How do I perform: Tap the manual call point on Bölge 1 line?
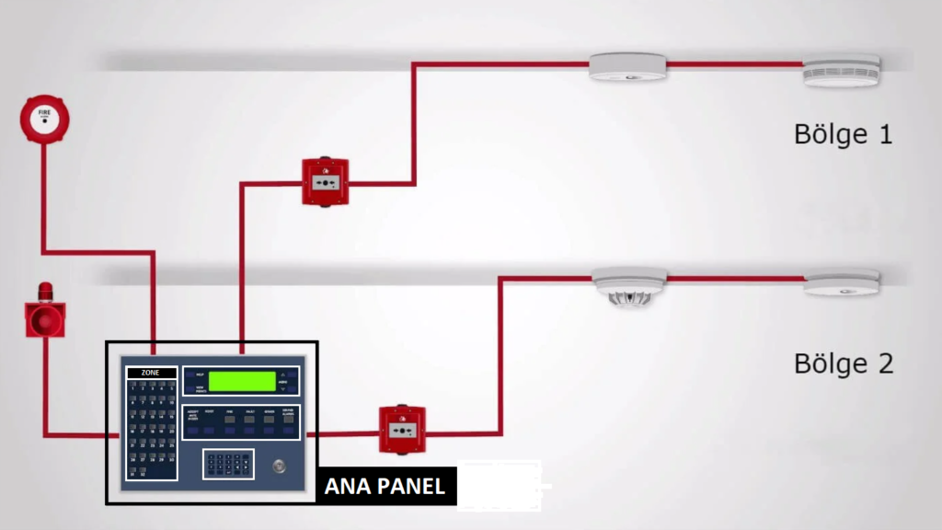[326, 181]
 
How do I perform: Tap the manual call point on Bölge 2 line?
[403, 429]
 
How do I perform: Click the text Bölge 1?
[843, 134]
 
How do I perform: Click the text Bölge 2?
[843, 363]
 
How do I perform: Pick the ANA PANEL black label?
[385, 486]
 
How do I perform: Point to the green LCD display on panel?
[242, 381]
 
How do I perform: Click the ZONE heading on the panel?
[150, 374]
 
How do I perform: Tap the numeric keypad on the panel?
[229, 464]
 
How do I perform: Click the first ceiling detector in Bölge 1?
[627, 67]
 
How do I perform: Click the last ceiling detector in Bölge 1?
[841, 71]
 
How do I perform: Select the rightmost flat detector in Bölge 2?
[841, 282]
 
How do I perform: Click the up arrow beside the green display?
[293, 374]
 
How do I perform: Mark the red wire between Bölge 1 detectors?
[733, 64]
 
